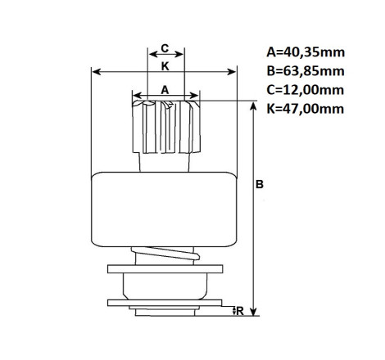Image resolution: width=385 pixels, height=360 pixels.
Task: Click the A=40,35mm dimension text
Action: point(306,52)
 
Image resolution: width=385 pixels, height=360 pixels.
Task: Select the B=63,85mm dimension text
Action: point(306,71)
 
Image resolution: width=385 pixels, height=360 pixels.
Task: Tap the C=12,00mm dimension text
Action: point(306,90)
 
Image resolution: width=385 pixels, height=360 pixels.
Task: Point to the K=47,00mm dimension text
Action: point(306,109)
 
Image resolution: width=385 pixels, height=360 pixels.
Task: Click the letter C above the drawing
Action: point(165,48)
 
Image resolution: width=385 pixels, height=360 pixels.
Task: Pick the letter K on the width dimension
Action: point(165,66)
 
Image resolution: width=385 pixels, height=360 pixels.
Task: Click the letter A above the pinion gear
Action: point(165,90)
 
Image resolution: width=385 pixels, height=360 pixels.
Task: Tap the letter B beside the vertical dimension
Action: point(260,184)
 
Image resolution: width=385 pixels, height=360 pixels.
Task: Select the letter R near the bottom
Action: point(240,311)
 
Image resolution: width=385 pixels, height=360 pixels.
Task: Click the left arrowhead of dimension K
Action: point(97,72)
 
